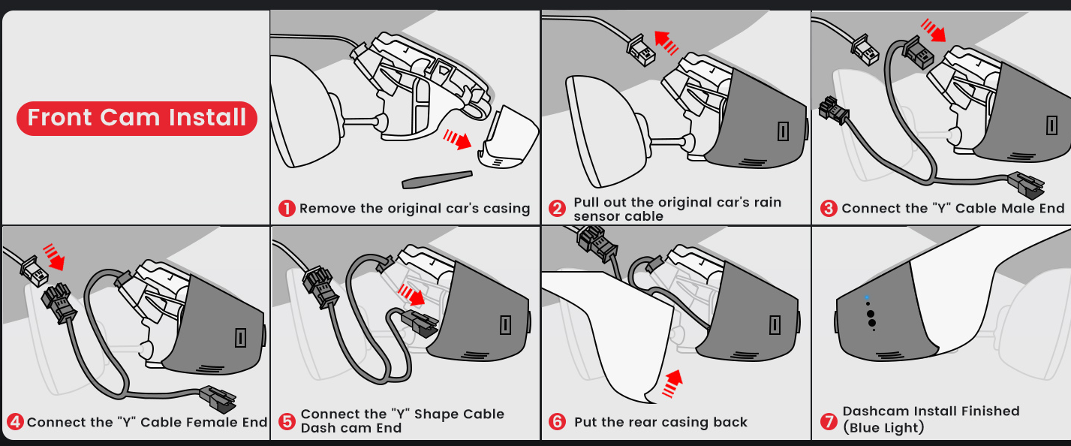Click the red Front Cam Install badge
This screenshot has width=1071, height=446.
coord(137,118)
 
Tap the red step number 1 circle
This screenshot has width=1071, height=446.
coord(287,209)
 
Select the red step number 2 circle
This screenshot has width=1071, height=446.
coord(557,209)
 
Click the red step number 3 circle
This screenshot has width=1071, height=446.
coord(829,209)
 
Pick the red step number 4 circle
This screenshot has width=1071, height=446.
coord(14,422)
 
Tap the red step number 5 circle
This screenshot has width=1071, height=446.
coord(287,421)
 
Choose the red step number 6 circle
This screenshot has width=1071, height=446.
coord(557,422)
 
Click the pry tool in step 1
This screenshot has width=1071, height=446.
coord(437,179)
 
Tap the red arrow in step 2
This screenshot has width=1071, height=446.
coord(666,41)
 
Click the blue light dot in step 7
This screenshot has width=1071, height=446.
coord(867,297)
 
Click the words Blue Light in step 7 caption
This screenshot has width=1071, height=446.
coord(883,428)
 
